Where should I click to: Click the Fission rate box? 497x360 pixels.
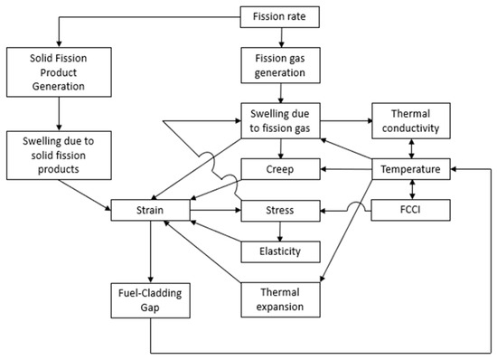tap(280, 16)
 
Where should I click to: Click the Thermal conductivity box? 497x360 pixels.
tap(411, 124)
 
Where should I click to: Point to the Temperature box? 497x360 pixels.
tap(411, 169)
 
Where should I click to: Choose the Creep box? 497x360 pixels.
tap(280, 169)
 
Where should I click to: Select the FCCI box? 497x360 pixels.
tap(411, 213)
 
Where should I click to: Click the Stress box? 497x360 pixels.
tap(280, 213)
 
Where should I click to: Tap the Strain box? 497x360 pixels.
tap(150, 213)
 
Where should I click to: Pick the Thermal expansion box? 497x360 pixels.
tap(280, 299)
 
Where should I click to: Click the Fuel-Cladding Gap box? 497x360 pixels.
tap(150, 299)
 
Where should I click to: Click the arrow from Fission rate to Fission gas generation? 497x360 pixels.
tap(280, 39)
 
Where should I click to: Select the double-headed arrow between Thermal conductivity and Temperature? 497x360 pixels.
tap(411, 147)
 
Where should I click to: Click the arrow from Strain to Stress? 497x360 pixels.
tap(216, 213)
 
